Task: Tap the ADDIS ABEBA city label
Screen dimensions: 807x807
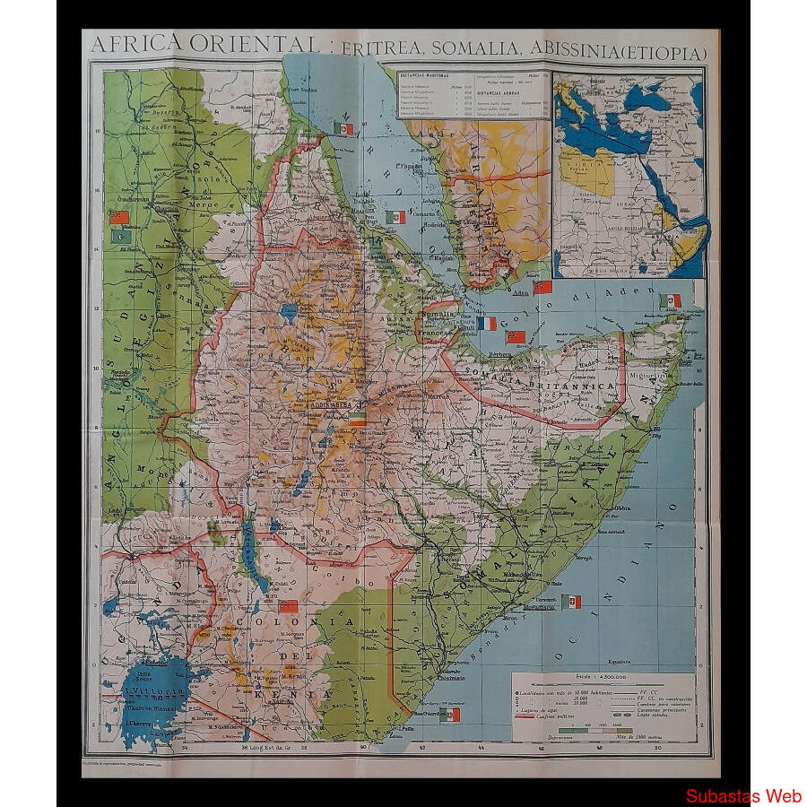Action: point(331,404)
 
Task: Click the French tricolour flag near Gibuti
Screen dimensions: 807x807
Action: point(486,324)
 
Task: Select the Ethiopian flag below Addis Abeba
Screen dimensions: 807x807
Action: point(357,419)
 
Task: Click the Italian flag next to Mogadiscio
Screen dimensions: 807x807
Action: point(571,601)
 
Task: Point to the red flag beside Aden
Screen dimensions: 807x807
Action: point(542,287)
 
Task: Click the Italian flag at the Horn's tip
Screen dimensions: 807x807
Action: point(669,300)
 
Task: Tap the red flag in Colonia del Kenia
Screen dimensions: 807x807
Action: point(288,606)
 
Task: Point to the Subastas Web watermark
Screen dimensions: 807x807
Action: point(743,795)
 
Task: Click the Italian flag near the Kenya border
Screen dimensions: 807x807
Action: point(450,715)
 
